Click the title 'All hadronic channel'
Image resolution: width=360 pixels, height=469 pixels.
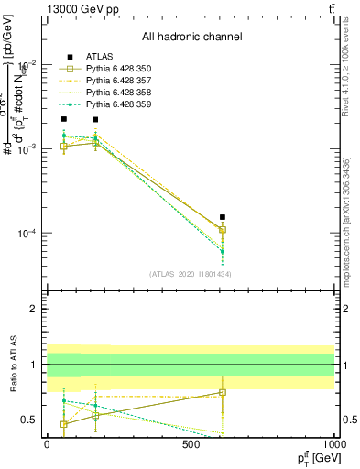pos(191,38)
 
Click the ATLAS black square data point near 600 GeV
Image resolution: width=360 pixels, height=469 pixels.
pos(223,218)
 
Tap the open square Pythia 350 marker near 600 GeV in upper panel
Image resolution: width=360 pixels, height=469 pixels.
pos(223,230)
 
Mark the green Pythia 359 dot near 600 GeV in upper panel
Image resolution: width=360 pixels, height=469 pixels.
pos(223,251)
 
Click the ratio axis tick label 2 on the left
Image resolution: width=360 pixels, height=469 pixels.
pos(33,309)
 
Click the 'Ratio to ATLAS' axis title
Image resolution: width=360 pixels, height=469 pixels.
pos(11,364)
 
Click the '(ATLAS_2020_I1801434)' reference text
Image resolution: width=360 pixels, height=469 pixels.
pos(191,274)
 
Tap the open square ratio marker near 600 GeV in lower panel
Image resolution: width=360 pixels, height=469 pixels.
pos(223,392)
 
